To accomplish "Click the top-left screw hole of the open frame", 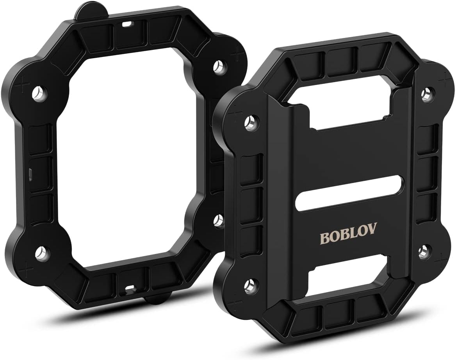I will point(38,94).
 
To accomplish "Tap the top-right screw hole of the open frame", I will point(219,66).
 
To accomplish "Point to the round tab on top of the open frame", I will point(87,10).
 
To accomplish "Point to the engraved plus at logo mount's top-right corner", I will point(443,80).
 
